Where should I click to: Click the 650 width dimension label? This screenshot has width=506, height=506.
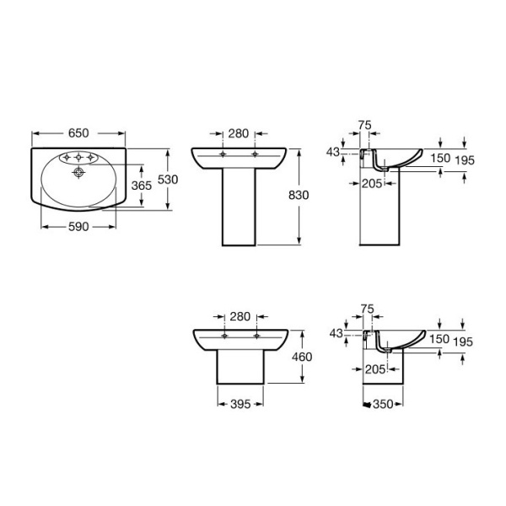point(78,133)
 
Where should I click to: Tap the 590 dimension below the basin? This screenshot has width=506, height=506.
point(78,227)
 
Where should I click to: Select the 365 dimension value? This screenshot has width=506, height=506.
point(142,186)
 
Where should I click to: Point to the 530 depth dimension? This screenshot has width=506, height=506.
point(168,180)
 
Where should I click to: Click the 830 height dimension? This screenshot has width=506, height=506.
point(299,195)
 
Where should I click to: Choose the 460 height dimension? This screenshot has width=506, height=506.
point(302,357)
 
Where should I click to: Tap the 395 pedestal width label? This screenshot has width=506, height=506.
point(240,404)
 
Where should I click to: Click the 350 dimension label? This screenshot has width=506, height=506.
point(383,404)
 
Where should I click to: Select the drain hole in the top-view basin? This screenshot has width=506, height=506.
point(78,172)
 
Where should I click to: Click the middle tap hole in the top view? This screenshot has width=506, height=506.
point(78,158)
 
